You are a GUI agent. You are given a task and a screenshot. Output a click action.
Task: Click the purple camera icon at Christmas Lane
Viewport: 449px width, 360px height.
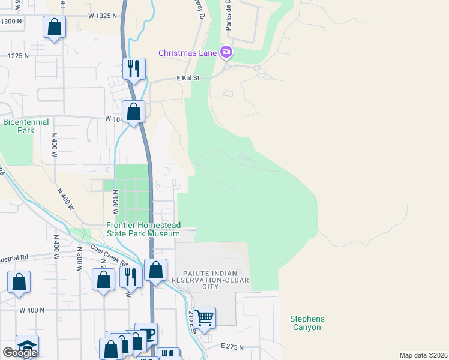coord(226,52)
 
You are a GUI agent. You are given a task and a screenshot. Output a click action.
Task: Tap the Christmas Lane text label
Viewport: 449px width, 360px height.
coord(187,53)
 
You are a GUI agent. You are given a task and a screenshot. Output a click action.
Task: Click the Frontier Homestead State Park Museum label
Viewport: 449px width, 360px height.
coord(143,229)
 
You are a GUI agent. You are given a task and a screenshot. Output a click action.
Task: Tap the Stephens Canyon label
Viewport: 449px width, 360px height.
coord(307,323)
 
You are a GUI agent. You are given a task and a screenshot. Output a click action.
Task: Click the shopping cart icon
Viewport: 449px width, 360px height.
coord(205,316)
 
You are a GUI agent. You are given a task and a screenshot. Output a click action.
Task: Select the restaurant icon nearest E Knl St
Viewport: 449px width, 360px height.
coord(133,68)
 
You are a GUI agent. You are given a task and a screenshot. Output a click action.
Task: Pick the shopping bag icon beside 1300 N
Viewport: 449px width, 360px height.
coord(54,27)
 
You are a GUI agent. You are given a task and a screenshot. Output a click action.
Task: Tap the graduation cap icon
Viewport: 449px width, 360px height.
coord(27,346)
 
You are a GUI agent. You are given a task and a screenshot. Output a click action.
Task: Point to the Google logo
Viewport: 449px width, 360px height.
coord(20,353)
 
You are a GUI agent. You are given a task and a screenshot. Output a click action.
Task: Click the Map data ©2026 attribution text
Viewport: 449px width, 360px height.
coord(423,355)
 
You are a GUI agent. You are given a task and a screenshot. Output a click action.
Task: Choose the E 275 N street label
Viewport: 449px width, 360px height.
coord(232,347)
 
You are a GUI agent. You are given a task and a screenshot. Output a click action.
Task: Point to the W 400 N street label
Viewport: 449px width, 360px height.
coord(32,310)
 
